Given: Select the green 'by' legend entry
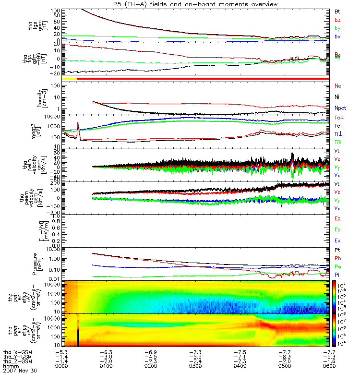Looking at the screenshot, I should pos(337,28).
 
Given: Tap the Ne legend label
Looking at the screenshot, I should pos(337,86).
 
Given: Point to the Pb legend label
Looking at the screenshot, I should pos(337,259).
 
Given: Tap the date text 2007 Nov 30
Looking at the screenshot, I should pos(20,371).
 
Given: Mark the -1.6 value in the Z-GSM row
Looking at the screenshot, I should pos(328,361).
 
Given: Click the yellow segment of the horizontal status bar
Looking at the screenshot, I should pos(70,78).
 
